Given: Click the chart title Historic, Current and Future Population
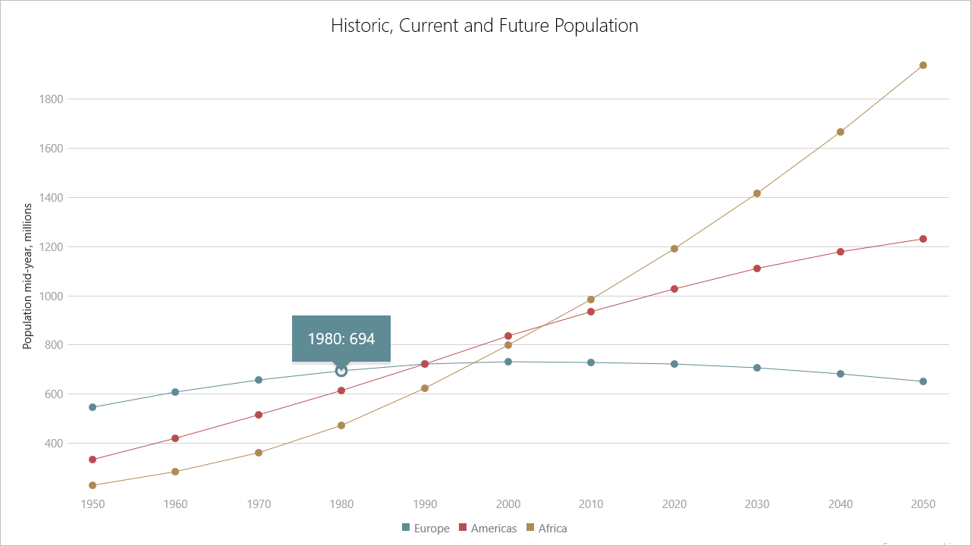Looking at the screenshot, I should click(x=484, y=26).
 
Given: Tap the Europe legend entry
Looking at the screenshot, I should click(x=425, y=528).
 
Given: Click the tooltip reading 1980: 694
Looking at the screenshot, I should click(x=341, y=338).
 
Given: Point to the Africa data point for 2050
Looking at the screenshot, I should click(x=923, y=65).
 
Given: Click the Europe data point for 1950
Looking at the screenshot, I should click(x=93, y=407).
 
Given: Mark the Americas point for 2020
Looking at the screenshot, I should click(x=674, y=289).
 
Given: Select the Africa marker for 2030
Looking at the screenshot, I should click(x=757, y=193).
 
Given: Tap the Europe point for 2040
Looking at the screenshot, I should click(x=841, y=374).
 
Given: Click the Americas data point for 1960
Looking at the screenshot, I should click(x=175, y=438).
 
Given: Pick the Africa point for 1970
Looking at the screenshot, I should click(x=259, y=453).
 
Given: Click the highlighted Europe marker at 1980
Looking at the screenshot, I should click(x=341, y=371).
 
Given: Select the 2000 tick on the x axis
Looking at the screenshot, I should click(x=508, y=504).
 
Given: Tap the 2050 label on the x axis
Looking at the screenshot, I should click(x=923, y=504).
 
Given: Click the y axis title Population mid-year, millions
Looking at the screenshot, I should click(x=28, y=276).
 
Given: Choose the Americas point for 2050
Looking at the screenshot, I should click(x=923, y=239).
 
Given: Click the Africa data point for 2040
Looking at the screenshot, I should click(x=841, y=132).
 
